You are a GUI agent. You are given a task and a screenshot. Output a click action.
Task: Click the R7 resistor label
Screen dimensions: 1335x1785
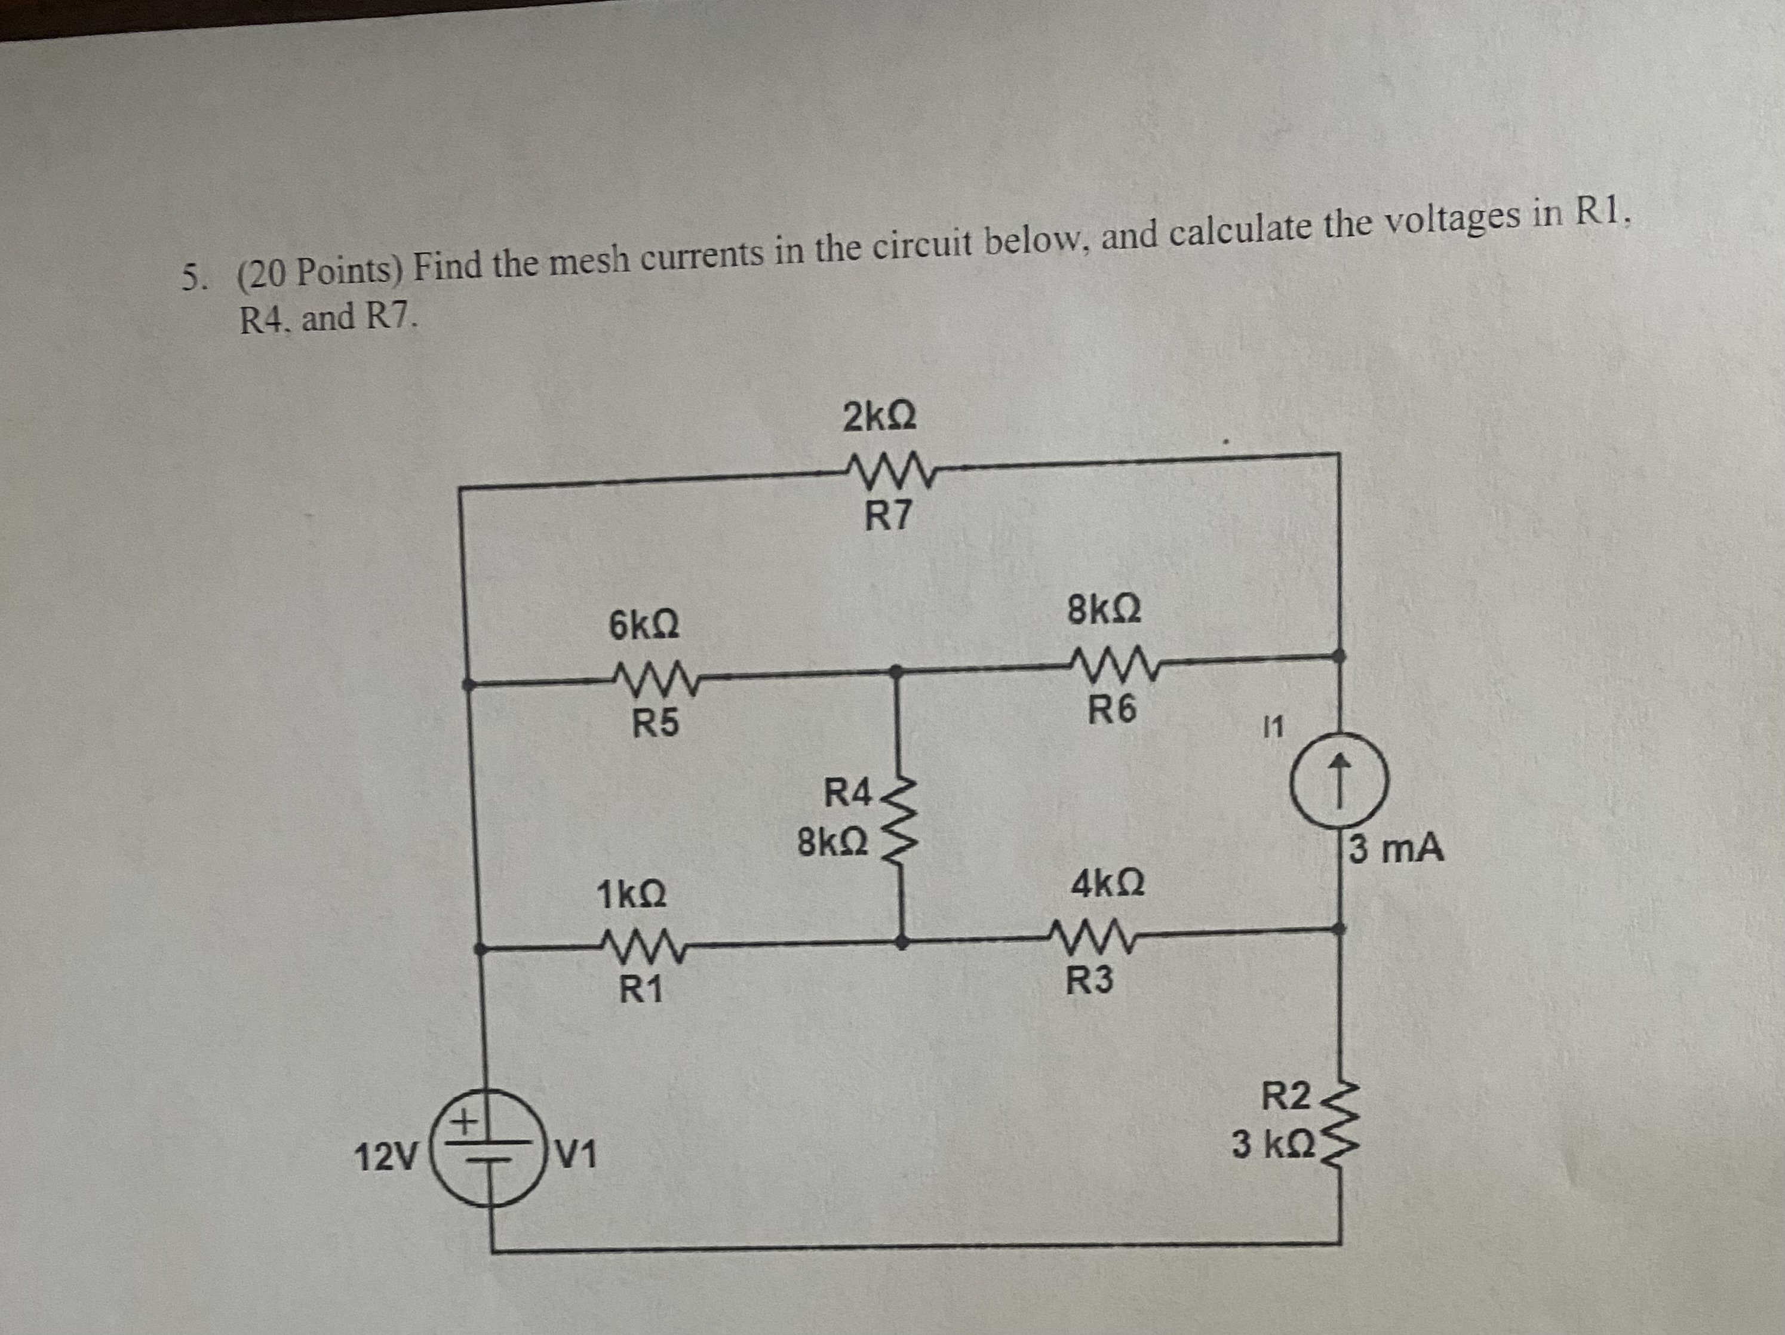tap(887, 516)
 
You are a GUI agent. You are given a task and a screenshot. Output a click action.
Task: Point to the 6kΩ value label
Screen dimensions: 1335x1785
tap(643, 625)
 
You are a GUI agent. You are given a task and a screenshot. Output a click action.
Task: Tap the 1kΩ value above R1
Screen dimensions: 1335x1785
tap(631, 896)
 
